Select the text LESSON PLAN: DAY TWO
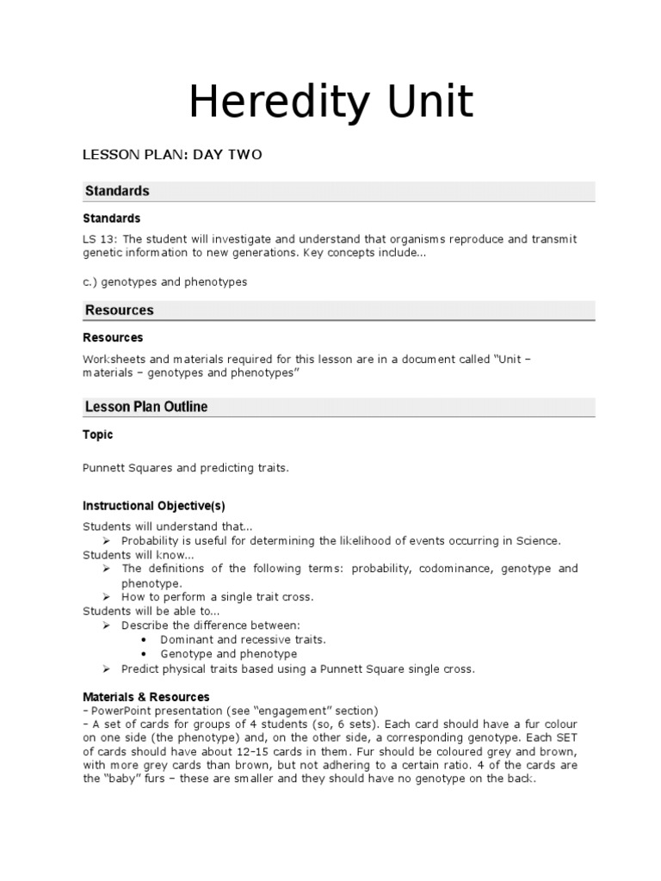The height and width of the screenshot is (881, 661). click(x=171, y=155)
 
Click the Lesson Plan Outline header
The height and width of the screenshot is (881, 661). click(x=145, y=407)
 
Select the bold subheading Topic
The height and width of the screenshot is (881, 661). click(x=97, y=435)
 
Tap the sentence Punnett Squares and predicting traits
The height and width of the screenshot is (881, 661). click(x=186, y=469)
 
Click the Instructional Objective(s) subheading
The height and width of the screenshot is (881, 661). click(x=153, y=505)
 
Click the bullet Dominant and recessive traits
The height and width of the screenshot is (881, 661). click(x=243, y=640)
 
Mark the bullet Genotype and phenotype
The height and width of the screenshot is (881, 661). click(x=228, y=655)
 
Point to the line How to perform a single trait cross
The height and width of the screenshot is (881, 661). click(x=217, y=597)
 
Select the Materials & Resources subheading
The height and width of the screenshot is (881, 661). click(x=145, y=696)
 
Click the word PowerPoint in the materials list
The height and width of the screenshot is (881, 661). click(x=121, y=711)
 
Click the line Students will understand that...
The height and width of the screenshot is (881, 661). click(x=168, y=527)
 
